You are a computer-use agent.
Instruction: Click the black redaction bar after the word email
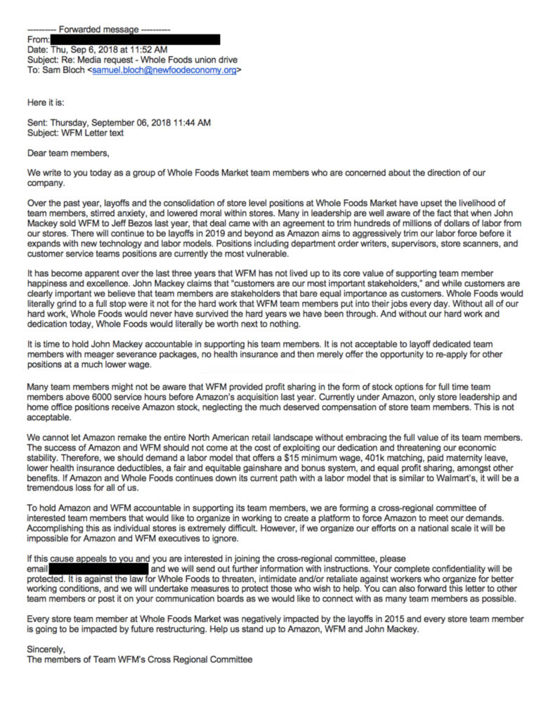click(x=98, y=567)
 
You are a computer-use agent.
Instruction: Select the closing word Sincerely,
click(x=46, y=649)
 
